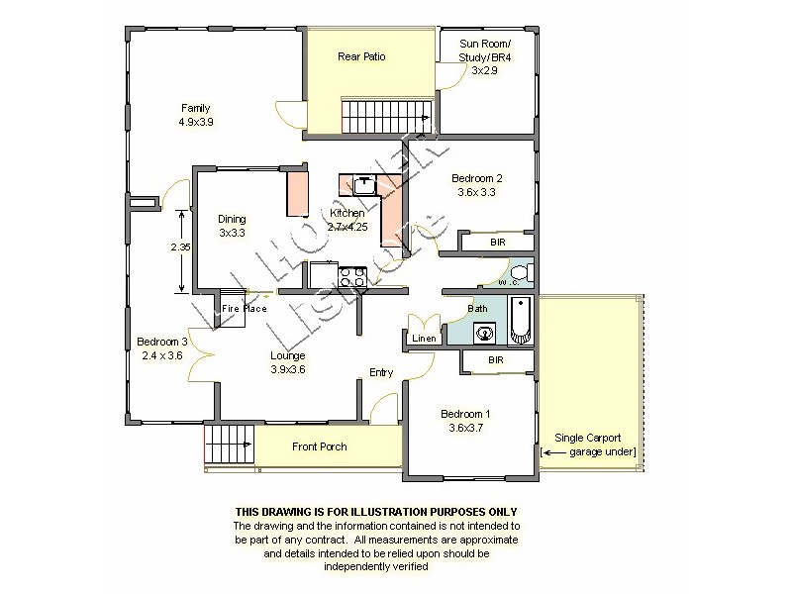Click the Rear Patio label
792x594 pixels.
click(361, 56)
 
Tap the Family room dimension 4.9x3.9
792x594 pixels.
click(195, 122)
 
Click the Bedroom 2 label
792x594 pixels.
click(476, 178)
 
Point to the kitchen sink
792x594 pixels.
click(364, 183)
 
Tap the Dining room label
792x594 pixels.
click(232, 219)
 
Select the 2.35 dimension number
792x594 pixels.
click(177, 247)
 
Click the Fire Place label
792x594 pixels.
click(244, 309)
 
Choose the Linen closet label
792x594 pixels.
click(425, 339)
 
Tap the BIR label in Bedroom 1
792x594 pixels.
click(496, 360)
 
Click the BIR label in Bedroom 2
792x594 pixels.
click(497, 242)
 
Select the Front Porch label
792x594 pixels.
click(320, 446)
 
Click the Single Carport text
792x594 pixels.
click(588, 438)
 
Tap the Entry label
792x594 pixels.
click(381, 372)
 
